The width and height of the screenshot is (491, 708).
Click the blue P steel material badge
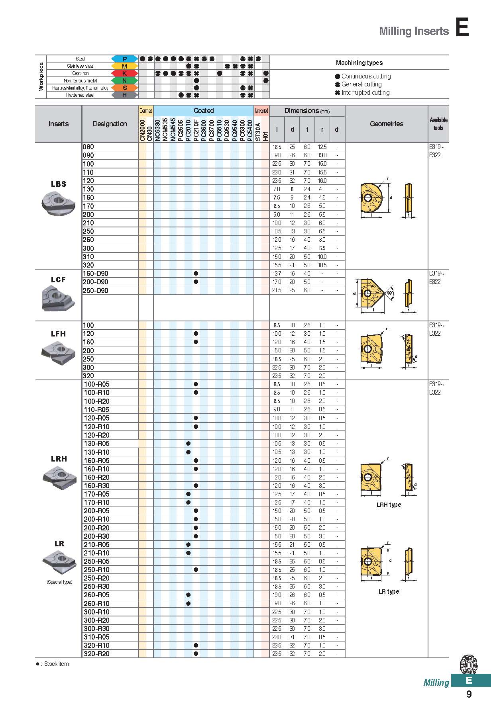[x=124, y=59]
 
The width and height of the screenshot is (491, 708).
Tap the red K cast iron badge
[x=124, y=73]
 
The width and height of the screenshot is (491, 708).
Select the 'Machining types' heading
[x=359, y=63]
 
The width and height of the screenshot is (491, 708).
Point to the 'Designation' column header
[x=110, y=124]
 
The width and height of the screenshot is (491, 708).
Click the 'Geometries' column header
[x=386, y=124]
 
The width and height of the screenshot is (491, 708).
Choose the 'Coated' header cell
[x=204, y=111]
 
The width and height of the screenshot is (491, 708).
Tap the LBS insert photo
[x=59, y=203]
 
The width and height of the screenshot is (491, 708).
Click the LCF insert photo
[x=58, y=298]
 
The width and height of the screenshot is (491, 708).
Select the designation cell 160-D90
[x=96, y=274]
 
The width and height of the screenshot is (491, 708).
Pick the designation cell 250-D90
[x=96, y=291]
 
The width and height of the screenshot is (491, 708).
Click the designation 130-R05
[x=96, y=444]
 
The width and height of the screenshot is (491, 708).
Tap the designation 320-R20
[x=96, y=654]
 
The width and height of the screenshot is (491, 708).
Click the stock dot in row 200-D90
[x=196, y=282]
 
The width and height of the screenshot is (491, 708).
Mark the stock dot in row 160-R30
[x=196, y=486]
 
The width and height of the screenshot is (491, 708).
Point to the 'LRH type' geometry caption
[x=389, y=505]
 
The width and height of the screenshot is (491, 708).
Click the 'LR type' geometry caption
[x=389, y=592]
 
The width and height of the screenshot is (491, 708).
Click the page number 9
[x=469, y=694]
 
